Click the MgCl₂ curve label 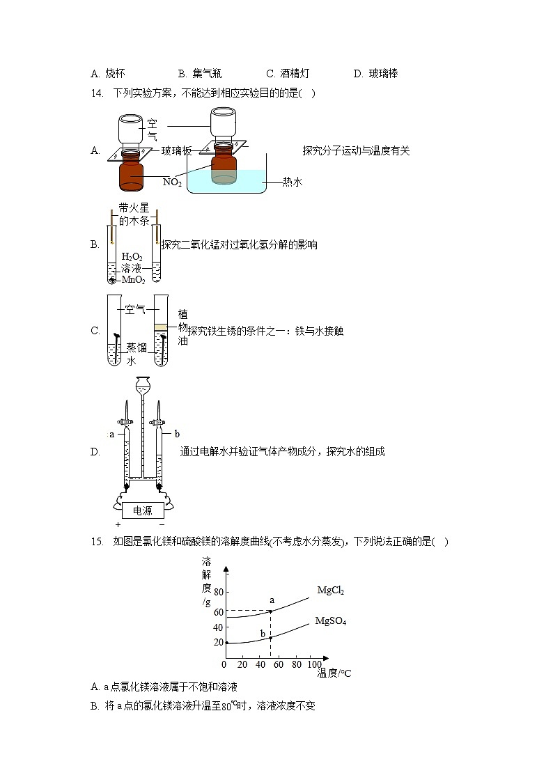(330, 591)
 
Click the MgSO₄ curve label (330, 620)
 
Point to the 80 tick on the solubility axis (219, 593)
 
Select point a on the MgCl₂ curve (270, 611)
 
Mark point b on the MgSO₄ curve (270, 638)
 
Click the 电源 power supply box (142, 510)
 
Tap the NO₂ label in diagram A (172, 182)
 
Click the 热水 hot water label (293, 182)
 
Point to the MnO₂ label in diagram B (133, 280)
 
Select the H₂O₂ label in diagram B (132, 257)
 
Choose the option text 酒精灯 (294, 73)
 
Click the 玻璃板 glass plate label (176, 150)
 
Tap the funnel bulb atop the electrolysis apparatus (143, 382)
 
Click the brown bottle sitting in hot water (223, 164)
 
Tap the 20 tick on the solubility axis (219, 643)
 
